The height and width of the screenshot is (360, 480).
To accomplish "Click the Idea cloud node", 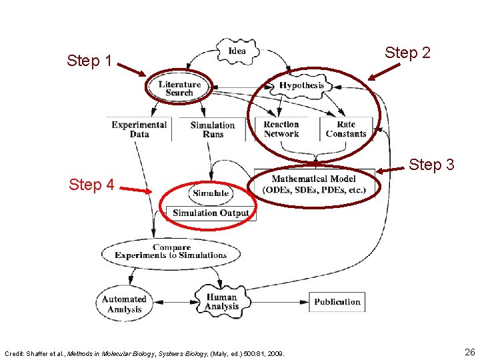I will click(x=237, y=51).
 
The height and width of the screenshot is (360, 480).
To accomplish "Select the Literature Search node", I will click(x=179, y=88).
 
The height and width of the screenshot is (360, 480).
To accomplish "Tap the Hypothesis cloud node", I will click(x=301, y=85).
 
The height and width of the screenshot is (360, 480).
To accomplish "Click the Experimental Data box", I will click(x=139, y=129).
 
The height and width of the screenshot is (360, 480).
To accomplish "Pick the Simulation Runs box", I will click(x=213, y=129).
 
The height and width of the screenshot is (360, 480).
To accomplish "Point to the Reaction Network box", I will click(x=281, y=129).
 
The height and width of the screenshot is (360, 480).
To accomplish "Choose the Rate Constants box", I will click(x=346, y=129).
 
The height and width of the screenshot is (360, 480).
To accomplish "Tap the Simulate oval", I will click(x=211, y=193).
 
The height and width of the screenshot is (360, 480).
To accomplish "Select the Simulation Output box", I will click(x=211, y=213).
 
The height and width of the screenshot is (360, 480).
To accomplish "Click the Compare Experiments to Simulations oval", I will click(x=171, y=251).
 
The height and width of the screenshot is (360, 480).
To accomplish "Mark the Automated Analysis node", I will click(x=123, y=304).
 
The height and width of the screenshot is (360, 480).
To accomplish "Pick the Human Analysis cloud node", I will click(x=221, y=302).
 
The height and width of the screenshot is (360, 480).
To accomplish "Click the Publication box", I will click(x=337, y=302).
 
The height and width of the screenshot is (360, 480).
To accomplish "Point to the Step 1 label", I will click(x=89, y=61).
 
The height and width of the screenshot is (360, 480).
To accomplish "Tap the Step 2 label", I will click(x=407, y=53).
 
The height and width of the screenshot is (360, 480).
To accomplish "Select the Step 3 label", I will click(x=431, y=164).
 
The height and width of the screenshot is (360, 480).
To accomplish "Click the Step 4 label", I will click(x=91, y=185).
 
